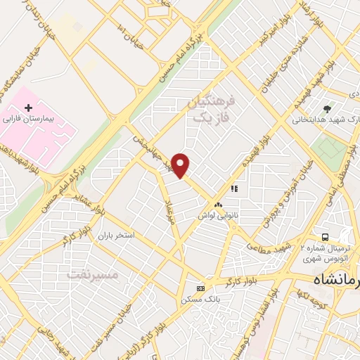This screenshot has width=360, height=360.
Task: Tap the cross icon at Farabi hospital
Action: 28,108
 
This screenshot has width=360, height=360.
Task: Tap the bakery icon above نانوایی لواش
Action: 217,205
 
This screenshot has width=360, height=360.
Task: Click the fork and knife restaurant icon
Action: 234,188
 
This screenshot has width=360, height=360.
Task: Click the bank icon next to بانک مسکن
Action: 201,288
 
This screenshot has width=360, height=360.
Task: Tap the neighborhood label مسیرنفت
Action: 94,274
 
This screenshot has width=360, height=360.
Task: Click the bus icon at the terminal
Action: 325,237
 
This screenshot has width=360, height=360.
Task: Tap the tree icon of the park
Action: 327,108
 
